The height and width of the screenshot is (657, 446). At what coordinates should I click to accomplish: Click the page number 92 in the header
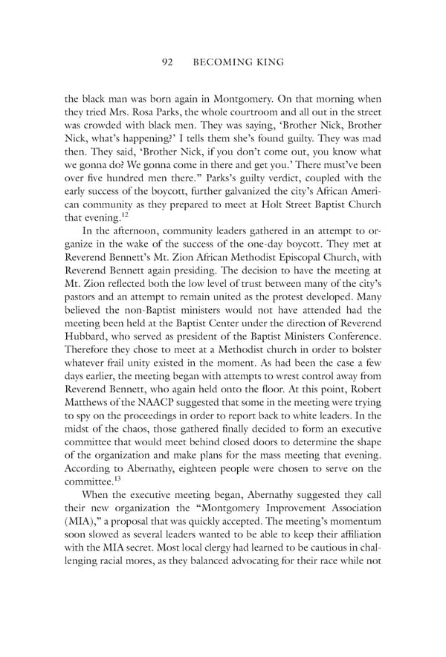168,62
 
